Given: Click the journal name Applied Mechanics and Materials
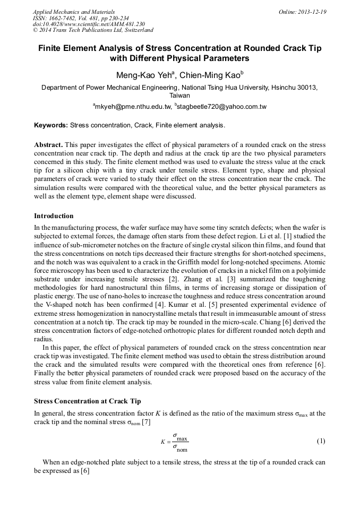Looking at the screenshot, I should (x=73, y=12).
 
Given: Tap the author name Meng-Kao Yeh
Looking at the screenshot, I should (x=140, y=75).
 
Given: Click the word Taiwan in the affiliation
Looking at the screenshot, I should (x=179, y=96).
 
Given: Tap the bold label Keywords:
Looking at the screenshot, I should (x=51, y=126).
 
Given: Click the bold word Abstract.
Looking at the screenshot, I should (x=48, y=145).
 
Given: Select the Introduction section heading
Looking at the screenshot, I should (x=54, y=216).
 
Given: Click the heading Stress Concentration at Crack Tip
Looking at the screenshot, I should (x=88, y=401).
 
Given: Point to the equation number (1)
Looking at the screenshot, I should (x=321, y=442).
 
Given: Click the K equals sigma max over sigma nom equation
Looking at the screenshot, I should (x=175, y=442).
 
